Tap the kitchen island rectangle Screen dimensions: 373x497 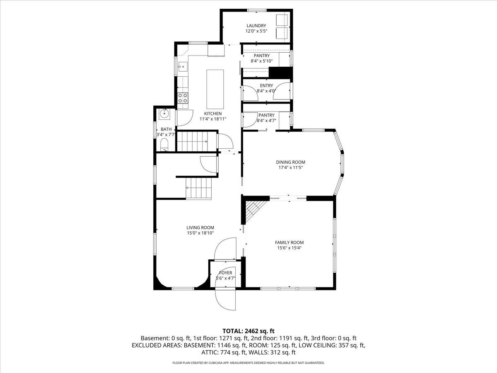(215, 87)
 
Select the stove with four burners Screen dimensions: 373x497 (183, 98)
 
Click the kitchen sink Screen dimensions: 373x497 (182, 66)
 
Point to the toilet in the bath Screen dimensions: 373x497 (164, 145)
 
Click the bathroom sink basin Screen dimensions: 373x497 (164, 113)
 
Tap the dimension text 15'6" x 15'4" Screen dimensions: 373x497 (289, 248)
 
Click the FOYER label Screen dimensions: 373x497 (226, 273)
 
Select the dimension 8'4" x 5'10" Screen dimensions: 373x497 (261, 61)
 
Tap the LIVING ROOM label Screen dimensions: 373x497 (200, 228)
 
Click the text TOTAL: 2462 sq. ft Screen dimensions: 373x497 (248, 331)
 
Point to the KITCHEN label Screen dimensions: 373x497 (213, 114)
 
